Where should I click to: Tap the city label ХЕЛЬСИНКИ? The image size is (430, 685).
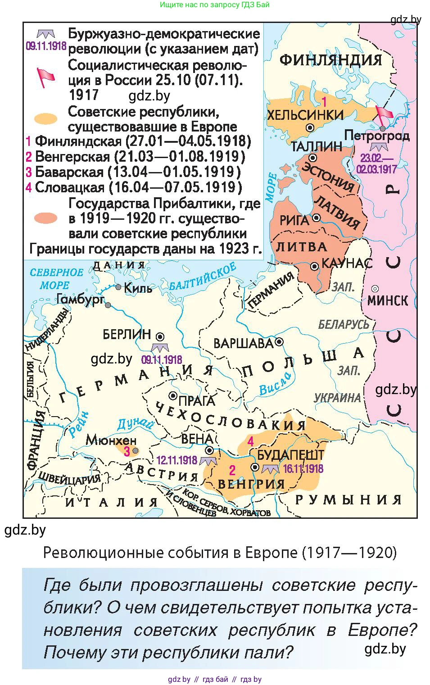[x=305, y=115]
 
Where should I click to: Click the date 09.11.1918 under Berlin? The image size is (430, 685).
[x=162, y=360]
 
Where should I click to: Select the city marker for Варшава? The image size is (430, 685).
[x=279, y=342]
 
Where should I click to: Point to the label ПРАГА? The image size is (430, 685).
[x=197, y=400]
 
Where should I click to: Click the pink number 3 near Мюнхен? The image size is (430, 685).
[x=127, y=451]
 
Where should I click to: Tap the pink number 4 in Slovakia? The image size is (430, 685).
[x=250, y=441]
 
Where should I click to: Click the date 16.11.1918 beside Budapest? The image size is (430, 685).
[x=303, y=469]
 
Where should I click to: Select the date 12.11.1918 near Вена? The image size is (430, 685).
[x=177, y=460]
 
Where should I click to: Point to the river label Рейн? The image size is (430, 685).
[x=79, y=426]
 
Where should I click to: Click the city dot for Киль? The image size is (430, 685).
[x=118, y=287]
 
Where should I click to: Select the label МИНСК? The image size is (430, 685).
[x=388, y=300]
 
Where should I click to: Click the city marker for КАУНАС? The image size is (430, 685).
[x=314, y=267]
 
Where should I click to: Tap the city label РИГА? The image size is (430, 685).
[x=294, y=220]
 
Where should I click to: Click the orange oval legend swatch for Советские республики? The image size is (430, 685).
[x=46, y=119]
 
